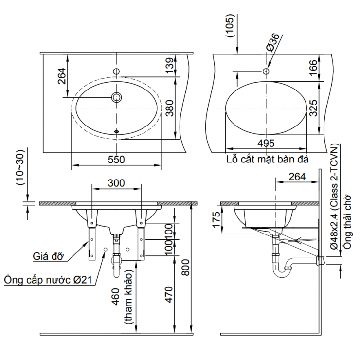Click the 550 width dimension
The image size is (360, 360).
pos(116,159)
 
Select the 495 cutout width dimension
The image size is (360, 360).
pos(266,143)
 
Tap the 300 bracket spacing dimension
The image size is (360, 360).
pos(116,183)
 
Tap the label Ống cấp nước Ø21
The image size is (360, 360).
pos(49,280)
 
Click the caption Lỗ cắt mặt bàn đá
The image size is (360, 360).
pos(268,159)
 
